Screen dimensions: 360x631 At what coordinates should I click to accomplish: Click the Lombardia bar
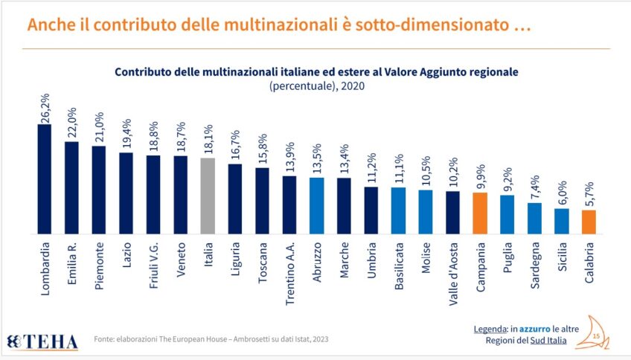[x=45, y=179]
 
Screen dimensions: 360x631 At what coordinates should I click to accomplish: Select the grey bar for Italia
[x=208, y=195]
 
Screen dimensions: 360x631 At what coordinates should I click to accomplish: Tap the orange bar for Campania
[x=480, y=212]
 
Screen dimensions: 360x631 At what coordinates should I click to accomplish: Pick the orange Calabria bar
[x=589, y=221]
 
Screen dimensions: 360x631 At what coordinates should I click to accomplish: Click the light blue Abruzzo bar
[x=316, y=205]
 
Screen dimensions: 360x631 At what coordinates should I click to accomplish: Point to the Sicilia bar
[x=562, y=220]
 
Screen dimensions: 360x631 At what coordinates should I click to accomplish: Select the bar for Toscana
[x=262, y=199]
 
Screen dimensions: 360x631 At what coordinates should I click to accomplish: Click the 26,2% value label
[x=45, y=108]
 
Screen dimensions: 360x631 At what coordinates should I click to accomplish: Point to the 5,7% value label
[x=589, y=195]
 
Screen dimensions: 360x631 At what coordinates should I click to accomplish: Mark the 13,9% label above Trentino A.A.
[x=289, y=160]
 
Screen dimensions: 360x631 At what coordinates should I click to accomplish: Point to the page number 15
[x=595, y=337]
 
